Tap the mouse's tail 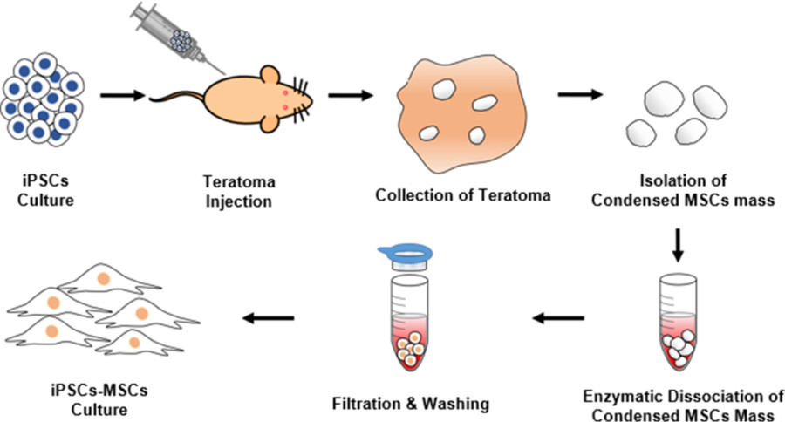point(174,97)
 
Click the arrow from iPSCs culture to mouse point(122,93)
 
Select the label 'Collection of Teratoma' point(463,194)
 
